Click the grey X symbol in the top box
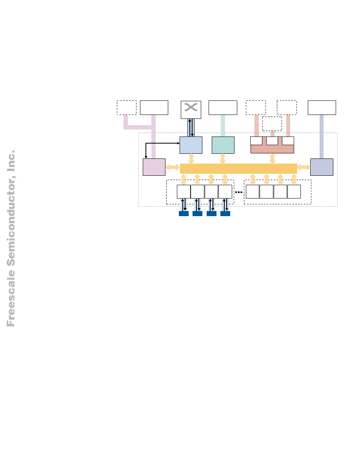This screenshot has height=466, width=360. [191, 107]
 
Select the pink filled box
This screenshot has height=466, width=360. [154, 167]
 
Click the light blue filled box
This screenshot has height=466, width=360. [191, 145]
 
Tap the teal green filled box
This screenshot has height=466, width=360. [223, 145]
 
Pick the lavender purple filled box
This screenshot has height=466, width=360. [322, 167]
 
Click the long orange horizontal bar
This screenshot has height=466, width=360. [238, 169]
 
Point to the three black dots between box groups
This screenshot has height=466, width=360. [239, 192]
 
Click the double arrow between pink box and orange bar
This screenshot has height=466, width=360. [173, 167]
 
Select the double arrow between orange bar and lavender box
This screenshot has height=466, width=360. [304, 167]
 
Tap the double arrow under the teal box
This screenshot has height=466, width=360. [223, 159]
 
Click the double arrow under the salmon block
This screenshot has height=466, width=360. [273, 159]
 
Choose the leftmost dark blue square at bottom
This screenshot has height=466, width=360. [184, 213]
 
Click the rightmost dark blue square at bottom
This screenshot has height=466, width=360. [225, 213]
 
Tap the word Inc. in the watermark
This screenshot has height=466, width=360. [11, 161]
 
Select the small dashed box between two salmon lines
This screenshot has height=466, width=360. [272, 124]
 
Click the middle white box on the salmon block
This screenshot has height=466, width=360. [272, 141]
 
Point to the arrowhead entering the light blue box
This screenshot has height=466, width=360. [178, 143]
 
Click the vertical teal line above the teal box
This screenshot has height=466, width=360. [223, 126]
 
